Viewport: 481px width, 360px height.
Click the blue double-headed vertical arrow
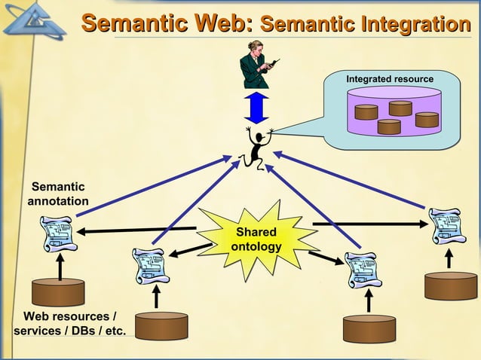256,106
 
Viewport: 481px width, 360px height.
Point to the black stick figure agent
256,147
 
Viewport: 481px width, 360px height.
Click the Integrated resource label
389,79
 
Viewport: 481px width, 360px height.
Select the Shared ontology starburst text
256,239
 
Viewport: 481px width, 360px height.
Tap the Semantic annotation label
58,194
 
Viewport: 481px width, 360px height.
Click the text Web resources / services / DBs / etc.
69,323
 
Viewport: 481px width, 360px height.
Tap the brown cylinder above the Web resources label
58,292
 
